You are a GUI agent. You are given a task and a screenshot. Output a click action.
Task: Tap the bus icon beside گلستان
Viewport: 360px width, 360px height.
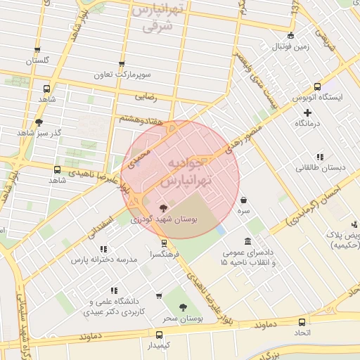click(x=37, y=50)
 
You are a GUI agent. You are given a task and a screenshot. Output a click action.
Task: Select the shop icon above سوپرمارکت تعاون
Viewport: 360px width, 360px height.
click(x=122, y=63)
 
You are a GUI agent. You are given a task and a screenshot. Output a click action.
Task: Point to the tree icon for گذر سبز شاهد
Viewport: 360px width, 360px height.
click(x=39, y=122)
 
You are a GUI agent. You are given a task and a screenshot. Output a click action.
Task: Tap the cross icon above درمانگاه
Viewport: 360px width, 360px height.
click(x=307, y=112)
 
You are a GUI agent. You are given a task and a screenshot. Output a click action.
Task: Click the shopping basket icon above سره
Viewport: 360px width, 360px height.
click(x=243, y=200)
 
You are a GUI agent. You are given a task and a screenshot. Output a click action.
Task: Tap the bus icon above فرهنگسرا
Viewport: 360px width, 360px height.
click(x=164, y=243)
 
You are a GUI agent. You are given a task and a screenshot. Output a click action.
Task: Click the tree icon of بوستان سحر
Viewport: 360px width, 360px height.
click(x=183, y=307)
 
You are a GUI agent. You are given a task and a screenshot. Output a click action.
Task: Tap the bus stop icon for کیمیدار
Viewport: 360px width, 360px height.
click(x=158, y=335)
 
